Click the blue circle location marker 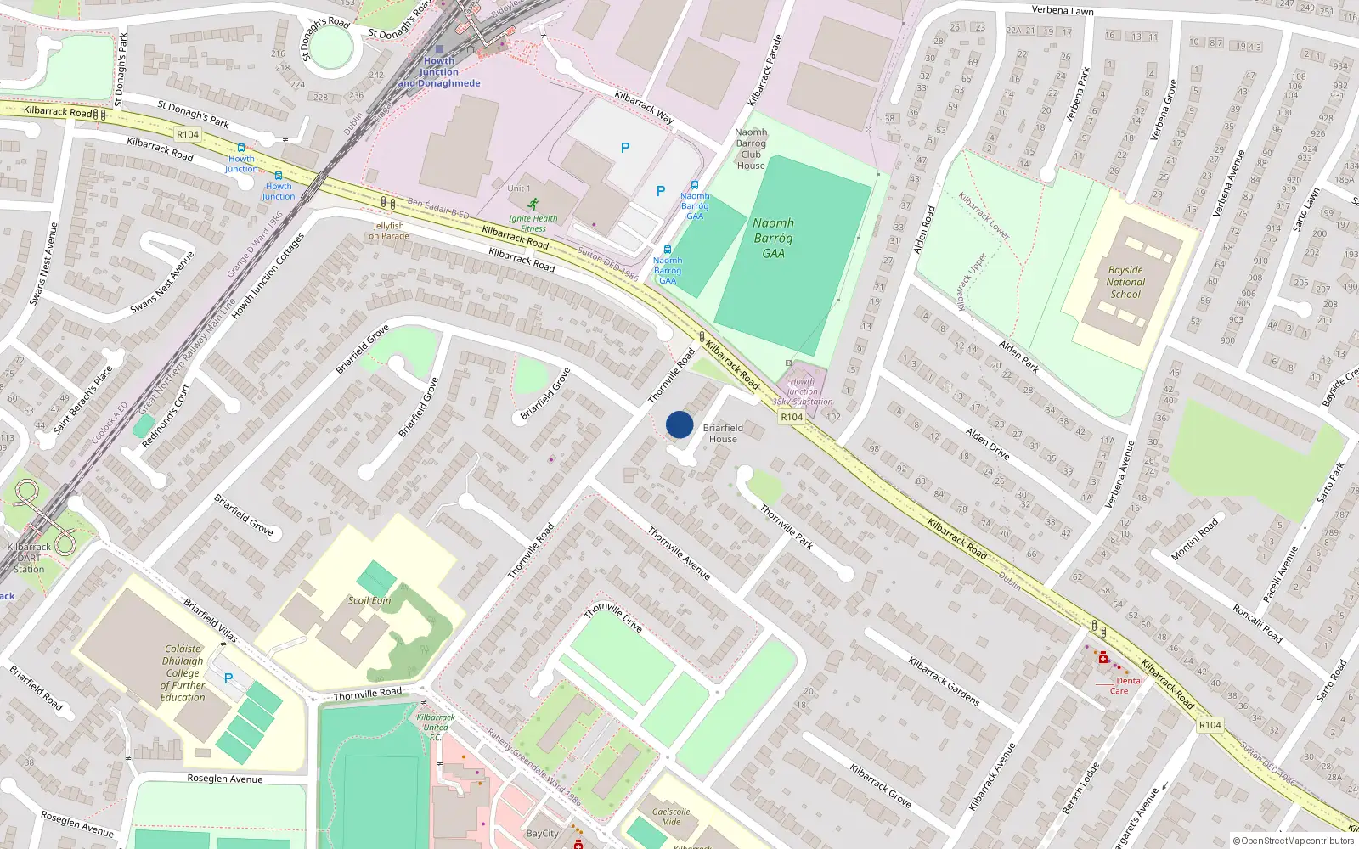[679, 424]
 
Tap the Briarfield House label [723, 434]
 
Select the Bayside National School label [1125, 282]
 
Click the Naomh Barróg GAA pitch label [773, 238]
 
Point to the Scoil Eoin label [369, 600]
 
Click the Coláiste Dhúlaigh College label [183, 673]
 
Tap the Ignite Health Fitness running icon [533, 205]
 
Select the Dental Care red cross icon [1102, 657]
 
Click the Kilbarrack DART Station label [29, 558]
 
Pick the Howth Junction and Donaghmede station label [439, 72]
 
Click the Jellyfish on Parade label [389, 231]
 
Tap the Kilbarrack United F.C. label [436, 727]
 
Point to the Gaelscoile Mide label [671, 816]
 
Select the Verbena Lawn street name [1063, 11]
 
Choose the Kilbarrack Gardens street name [944, 681]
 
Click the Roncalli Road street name [1257, 622]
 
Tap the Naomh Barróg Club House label [751, 149]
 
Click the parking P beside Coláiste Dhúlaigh [228, 678]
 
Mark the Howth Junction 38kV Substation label [803, 391]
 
